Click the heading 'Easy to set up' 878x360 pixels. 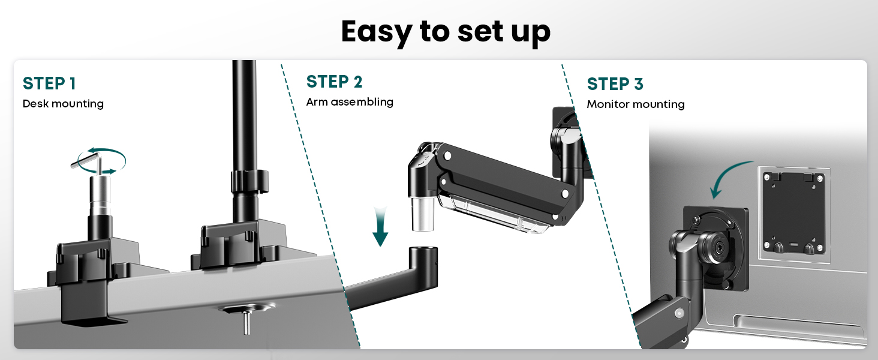[446, 32]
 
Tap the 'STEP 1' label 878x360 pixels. [49, 83]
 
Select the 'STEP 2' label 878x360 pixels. [334, 82]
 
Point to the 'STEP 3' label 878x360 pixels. [615, 84]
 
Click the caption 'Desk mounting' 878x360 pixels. [63, 104]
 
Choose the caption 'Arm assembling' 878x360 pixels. [350, 102]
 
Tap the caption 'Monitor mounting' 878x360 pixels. [636, 104]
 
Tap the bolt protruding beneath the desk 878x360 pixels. [246, 322]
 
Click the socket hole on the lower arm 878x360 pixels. [423, 250]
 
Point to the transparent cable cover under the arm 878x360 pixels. [495, 213]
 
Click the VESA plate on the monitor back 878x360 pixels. [793, 214]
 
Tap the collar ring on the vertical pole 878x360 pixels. [249, 181]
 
